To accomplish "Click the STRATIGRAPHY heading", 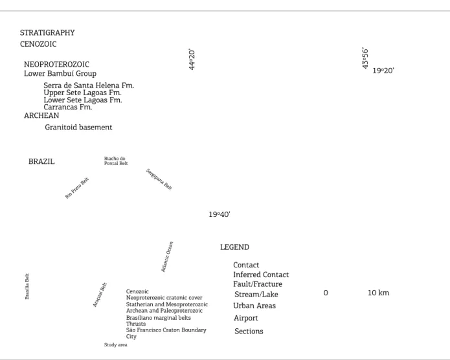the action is click(x=47, y=33).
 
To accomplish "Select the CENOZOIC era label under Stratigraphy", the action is click(x=38, y=44).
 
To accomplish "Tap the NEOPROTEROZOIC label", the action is click(x=56, y=64).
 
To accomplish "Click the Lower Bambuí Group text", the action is click(x=60, y=74).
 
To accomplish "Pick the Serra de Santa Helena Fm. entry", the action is click(x=89, y=85).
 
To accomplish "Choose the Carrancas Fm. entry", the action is click(x=68, y=107).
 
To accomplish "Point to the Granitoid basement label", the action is click(x=78, y=127).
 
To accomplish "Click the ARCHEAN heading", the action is click(x=41, y=115).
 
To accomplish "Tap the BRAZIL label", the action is click(x=41, y=161).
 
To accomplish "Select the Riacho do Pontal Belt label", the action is click(x=116, y=161).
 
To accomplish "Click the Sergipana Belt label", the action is click(x=159, y=179).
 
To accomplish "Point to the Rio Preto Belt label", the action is click(x=77, y=188).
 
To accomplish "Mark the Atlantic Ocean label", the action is click(x=167, y=256).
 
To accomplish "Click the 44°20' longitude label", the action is click(x=192, y=60).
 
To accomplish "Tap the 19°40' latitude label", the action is click(x=219, y=214).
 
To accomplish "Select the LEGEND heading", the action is click(x=234, y=247).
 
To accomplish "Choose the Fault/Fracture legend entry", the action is click(x=258, y=284).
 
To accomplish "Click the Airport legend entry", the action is click(x=245, y=318).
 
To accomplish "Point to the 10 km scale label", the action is click(x=378, y=293).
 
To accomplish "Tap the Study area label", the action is click(x=115, y=345).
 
